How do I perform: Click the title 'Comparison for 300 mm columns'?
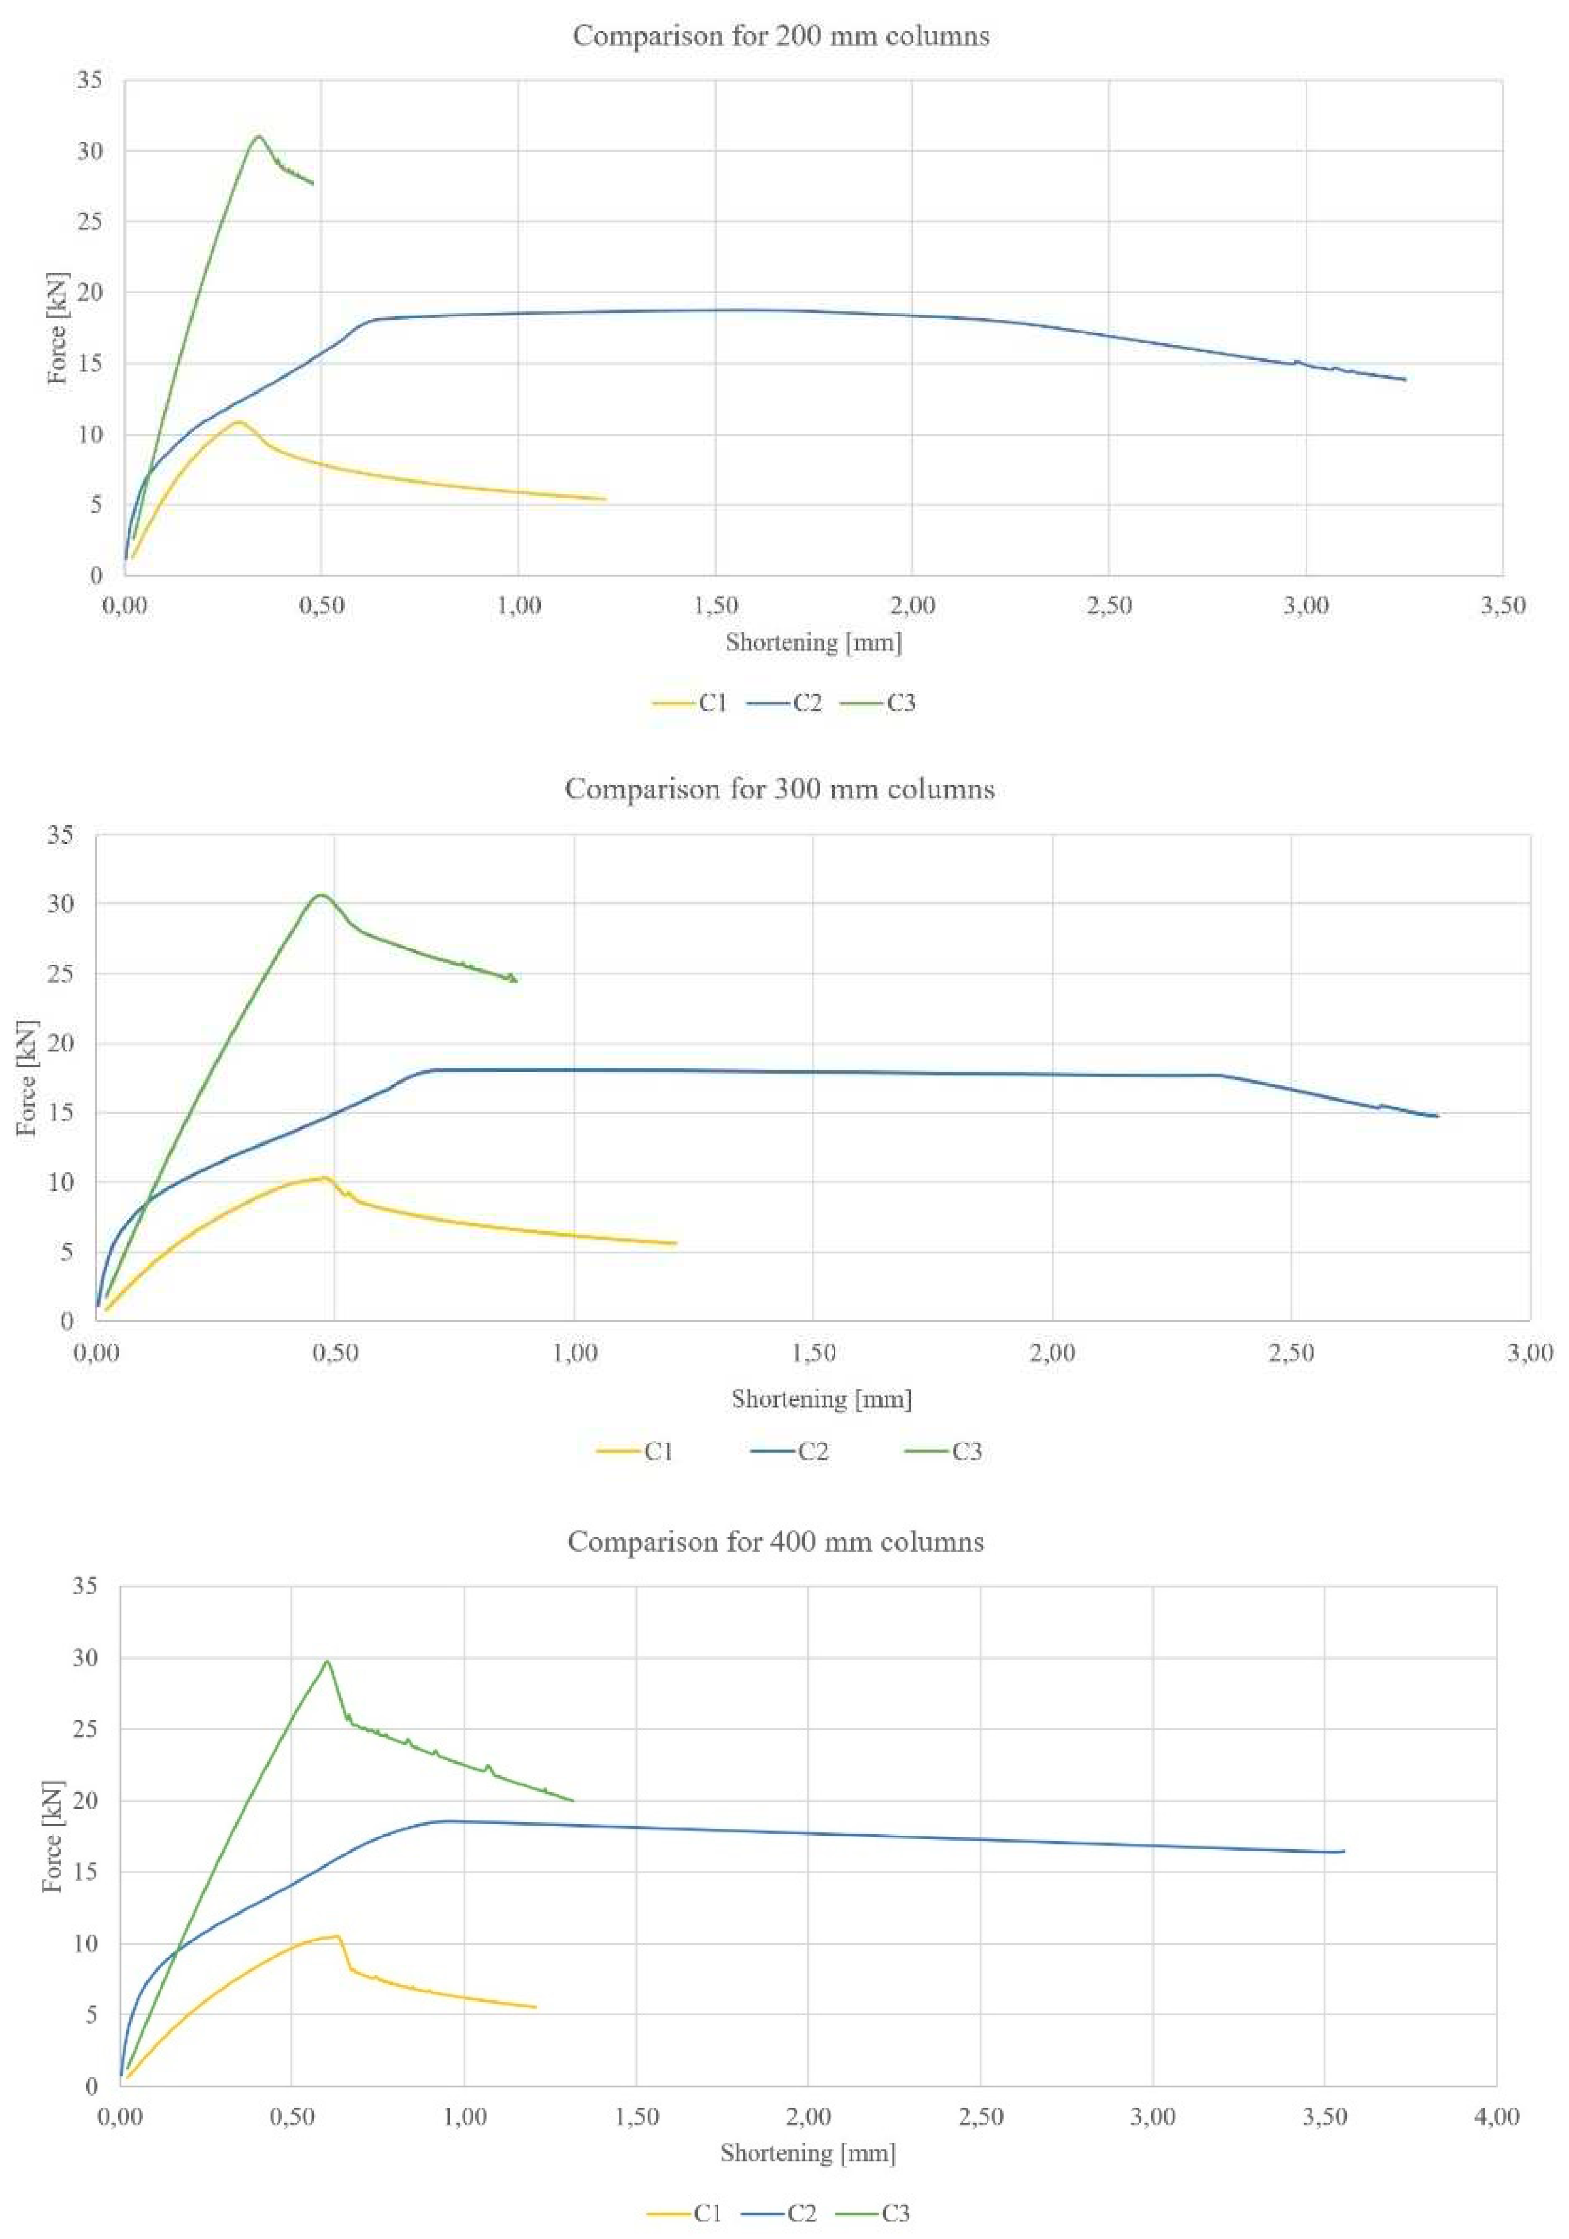(780, 789)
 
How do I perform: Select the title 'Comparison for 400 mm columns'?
(776, 1542)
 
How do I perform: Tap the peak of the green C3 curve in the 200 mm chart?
(258, 137)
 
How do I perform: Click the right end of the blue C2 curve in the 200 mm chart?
(1404, 379)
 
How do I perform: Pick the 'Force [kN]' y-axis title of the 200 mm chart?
(58, 329)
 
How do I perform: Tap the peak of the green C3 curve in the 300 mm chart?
(320, 895)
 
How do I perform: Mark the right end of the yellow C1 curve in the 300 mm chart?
(676, 1243)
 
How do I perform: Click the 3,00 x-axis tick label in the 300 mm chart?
(1529, 1352)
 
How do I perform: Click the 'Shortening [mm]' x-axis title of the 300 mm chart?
(821, 1399)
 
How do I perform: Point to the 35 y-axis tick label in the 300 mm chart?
(60, 835)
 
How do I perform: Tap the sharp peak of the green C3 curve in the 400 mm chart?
(327, 1661)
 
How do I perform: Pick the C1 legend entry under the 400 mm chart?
(686, 2213)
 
